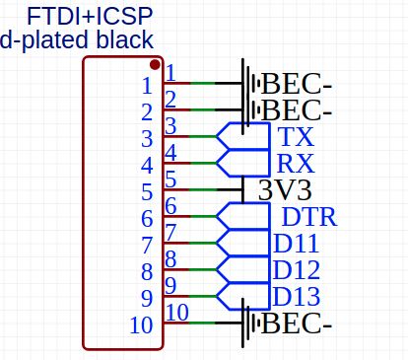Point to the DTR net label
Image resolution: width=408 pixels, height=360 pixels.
[308, 217]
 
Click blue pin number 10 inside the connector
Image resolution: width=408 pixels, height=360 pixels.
[141, 324]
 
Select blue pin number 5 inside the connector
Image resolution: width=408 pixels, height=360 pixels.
[147, 190]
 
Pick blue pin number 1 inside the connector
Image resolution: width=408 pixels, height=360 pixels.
[147, 84]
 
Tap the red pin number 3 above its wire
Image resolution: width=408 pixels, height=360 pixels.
[170, 126]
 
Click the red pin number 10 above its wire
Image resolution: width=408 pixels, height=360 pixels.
[175, 313]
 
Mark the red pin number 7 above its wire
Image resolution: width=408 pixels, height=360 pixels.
[170, 233]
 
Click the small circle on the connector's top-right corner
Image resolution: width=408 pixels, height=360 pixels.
[156, 60]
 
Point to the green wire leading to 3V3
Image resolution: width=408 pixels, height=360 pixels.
[202, 189]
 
